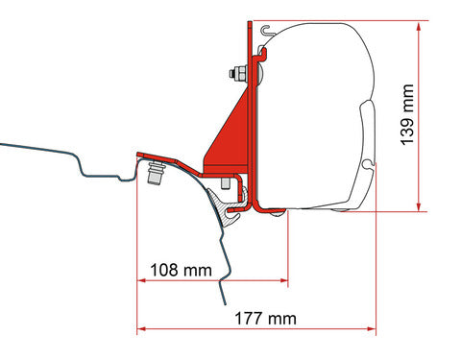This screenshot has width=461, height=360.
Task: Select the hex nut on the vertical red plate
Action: (233, 72)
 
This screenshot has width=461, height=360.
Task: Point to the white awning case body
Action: (317, 106)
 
